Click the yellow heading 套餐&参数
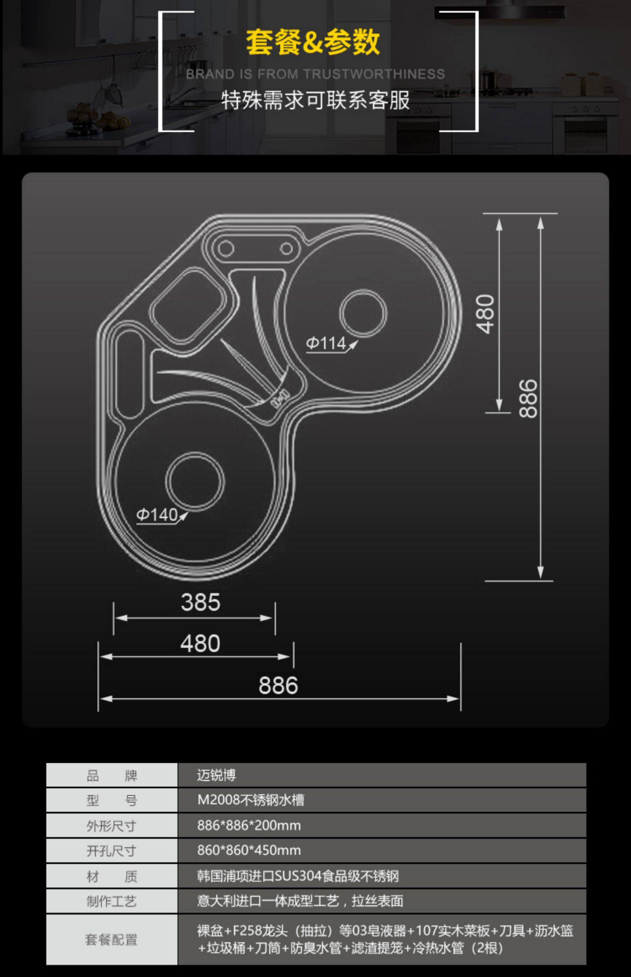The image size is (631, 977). [x=313, y=42]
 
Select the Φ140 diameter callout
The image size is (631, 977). [x=157, y=515]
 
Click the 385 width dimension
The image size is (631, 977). [x=201, y=602]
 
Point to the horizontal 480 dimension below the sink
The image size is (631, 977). [x=200, y=643]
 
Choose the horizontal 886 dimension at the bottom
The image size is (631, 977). [x=278, y=685]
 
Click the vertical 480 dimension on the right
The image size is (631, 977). [x=485, y=314]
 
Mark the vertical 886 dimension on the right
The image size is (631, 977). [x=528, y=398]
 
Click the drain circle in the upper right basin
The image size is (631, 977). [x=363, y=313]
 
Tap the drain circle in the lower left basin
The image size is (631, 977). [x=195, y=481]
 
